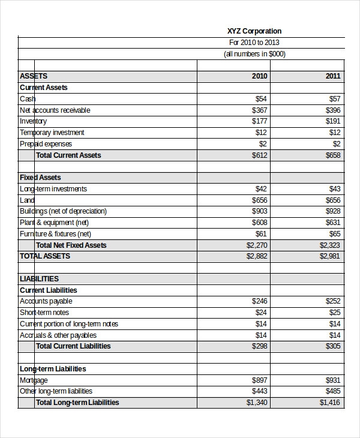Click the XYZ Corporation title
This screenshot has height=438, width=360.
(254, 31)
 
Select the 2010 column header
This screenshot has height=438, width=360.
(260, 76)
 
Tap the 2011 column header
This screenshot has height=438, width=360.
(333, 76)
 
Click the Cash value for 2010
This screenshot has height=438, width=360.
(261, 99)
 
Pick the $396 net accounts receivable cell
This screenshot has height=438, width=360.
(333, 110)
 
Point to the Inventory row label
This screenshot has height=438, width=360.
(33, 121)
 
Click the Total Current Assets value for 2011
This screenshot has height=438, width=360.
(333, 155)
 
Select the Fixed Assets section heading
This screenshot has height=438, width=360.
(40, 178)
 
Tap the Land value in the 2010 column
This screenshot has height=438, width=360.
(260, 200)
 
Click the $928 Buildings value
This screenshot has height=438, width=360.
(333, 211)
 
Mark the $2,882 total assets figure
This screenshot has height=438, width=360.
(257, 256)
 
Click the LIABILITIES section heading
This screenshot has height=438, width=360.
(39, 279)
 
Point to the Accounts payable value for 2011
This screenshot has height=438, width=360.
(333, 301)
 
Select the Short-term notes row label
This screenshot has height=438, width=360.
(44, 313)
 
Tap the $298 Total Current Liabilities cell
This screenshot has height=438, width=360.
(260, 346)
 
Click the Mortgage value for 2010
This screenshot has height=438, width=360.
(260, 380)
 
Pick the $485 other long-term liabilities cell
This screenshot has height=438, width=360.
(333, 391)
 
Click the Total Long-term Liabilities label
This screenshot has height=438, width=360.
(77, 403)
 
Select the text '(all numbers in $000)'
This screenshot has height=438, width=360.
(254, 54)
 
